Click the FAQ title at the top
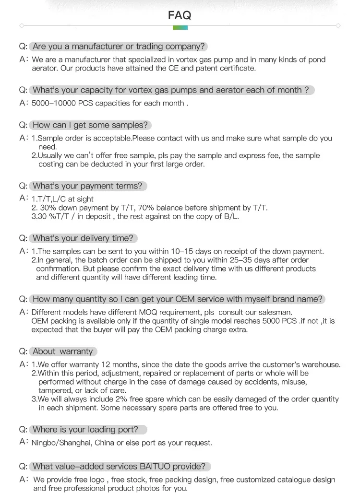(x=180, y=15)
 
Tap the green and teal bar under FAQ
(x=180, y=28)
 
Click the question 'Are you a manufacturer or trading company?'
(x=119, y=47)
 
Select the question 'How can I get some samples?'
(x=90, y=125)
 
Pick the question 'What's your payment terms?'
(x=87, y=186)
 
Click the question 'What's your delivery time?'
(x=83, y=238)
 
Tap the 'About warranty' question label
(x=62, y=352)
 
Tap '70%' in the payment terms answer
(x=154, y=208)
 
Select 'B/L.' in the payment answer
(x=229, y=216)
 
